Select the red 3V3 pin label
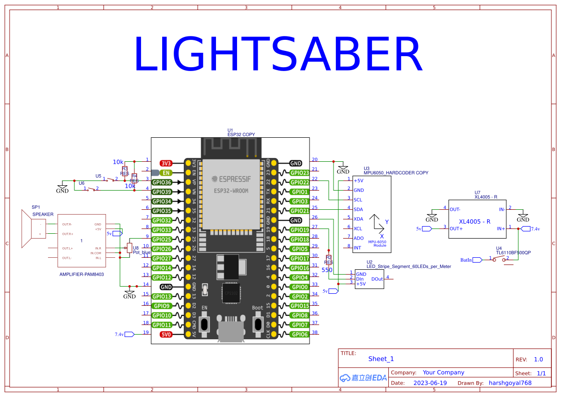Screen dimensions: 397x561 point(166,163)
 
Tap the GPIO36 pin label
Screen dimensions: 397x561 point(162,182)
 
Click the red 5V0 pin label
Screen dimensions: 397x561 point(166,334)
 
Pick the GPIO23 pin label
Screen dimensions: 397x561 point(299,173)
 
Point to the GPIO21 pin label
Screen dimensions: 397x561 point(299,211)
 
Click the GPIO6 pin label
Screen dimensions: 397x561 point(299,334)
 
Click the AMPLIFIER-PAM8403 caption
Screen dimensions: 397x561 point(82,275)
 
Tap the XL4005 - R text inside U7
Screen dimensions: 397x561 point(475,221)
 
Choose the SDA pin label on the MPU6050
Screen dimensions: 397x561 point(358,209)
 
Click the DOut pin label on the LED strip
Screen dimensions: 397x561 point(377,279)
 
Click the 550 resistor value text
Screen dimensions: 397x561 point(327,270)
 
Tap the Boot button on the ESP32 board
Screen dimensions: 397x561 point(258,323)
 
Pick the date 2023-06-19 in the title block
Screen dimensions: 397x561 point(430,383)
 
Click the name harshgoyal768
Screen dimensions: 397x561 point(510,383)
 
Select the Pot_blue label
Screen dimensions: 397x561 point(142,252)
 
